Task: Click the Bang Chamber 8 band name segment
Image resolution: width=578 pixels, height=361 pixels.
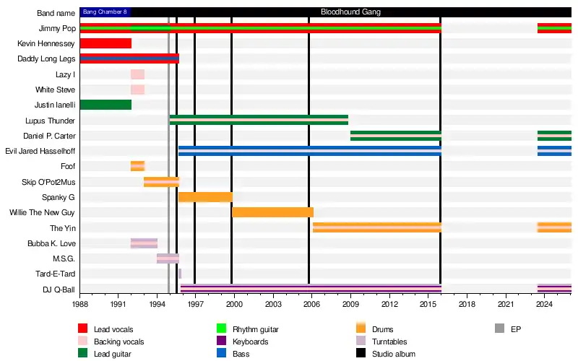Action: click(105, 12)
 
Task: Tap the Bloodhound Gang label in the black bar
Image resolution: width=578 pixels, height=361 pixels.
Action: click(350, 12)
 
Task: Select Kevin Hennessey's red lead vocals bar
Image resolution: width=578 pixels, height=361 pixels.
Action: click(105, 43)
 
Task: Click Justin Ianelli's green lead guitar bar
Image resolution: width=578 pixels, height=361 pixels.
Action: click(105, 105)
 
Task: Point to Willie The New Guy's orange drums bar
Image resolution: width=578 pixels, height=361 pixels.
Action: click(272, 212)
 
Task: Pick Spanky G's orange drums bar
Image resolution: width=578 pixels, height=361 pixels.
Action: click(205, 197)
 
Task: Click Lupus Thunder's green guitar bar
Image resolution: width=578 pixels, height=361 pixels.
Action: click(259, 120)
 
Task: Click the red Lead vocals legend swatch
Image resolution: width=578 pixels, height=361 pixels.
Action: click(83, 329)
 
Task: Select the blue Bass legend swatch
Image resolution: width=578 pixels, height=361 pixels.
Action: click(222, 354)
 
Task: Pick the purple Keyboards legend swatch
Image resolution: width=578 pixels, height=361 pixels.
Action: click(222, 342)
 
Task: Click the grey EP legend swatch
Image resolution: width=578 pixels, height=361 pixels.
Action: click(499, 329)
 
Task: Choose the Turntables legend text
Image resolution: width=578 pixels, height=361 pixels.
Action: click(389, 342)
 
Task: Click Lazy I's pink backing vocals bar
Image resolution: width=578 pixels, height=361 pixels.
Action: click(137, 74)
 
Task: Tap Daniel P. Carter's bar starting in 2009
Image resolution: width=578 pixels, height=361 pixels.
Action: click(395, 135)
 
